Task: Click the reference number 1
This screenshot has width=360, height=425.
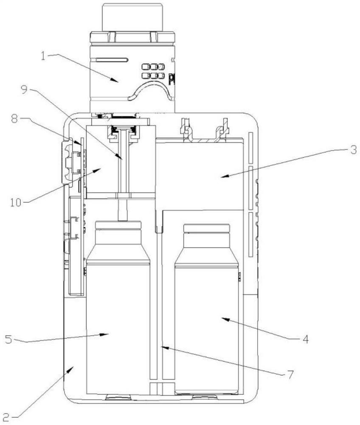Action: tap(43, 56)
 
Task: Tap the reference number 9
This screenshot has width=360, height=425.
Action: tap(24, 89)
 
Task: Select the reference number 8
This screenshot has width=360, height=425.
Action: tap(15, 119)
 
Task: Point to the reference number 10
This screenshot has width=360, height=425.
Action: tap(16, 202)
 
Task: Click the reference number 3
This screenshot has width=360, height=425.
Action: tap(353, 150)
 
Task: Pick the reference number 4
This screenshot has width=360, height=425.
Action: tap(305, 339)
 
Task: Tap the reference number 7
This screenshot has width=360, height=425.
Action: tap(290, 374)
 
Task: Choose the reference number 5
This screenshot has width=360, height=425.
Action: tap(8, 339)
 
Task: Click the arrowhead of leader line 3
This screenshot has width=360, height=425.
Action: tap(225, 176)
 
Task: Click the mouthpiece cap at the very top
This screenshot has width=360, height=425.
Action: tap(132, 17)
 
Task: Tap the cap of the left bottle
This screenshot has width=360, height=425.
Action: tap(118, 225)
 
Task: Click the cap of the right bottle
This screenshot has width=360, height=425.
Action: tap(206, 228)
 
